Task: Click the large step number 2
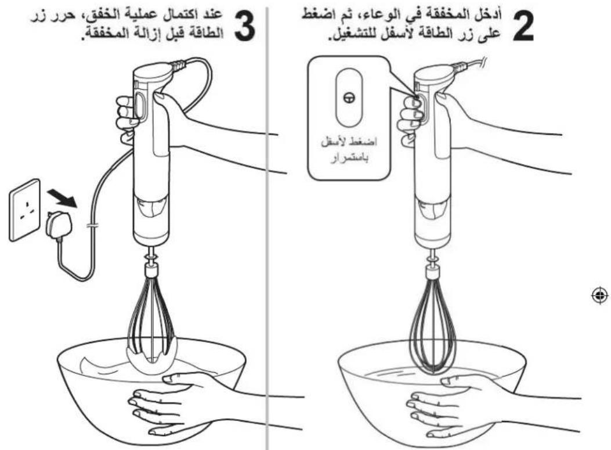(523, 26)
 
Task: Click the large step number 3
(244, 26)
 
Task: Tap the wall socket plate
(24, 210)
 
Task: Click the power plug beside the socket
(59, 225)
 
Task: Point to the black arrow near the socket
(61, 199)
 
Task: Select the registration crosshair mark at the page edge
(600, 296)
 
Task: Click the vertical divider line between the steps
(267, 228)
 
